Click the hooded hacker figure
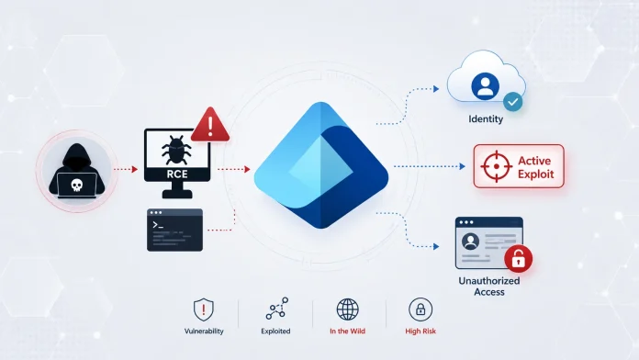pyautogui.click(x=76, y=171)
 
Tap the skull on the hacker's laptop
pyautogui.click(x=76, y=186)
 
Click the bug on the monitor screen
pyautogui.click(x=177, y=150)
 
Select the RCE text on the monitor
pyautogui.click(x=177, y=174)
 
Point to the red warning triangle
pyautogui.click(x=210, y=125)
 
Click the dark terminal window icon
pyautogui.click(x=174, y=230)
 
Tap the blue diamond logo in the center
pyautogui.click(x=321, y=165)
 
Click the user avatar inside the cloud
pyautogui.click(x=485, y=86)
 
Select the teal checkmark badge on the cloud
pyautogui.click(x=512, y=102)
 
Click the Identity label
pyautogui.click(x=486, y=119)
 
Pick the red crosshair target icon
pyautogui.click(x=496, y=166)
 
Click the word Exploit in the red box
pyautogui.click(x=535, y=174)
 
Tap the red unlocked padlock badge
pyautogui.click(x=519, y=258)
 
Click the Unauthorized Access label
pyautogui.click(x=489, y=287)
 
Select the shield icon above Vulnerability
pyautogui.click(x=203, y=309)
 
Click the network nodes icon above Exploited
pyautogui.click(x=277, y=309)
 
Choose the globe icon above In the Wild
pyautogui.click(x=348, y=309)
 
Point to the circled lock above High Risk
pyautogui.click(x=420, y=309)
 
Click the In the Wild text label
pyautogui.click(x=347, y=331)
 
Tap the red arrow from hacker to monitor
pyautogui.click(x=126, y=169)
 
